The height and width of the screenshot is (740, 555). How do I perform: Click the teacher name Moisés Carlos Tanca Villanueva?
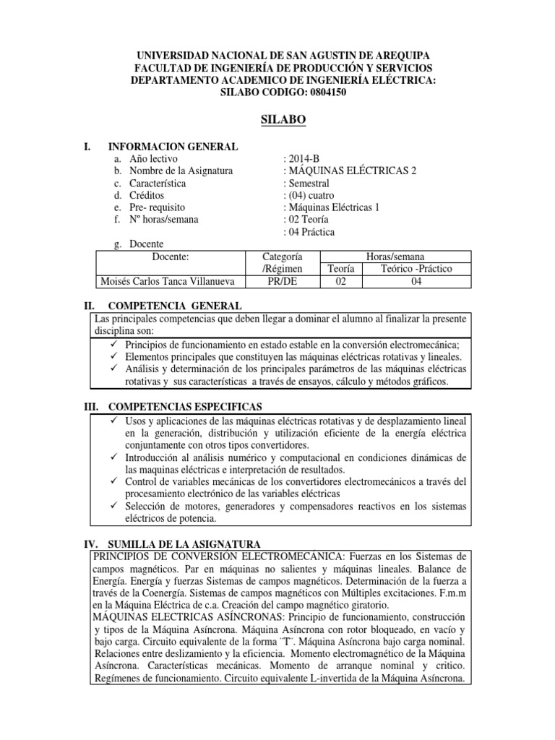pos(169,281)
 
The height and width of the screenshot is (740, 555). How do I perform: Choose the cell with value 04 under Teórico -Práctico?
pos(416,281)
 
